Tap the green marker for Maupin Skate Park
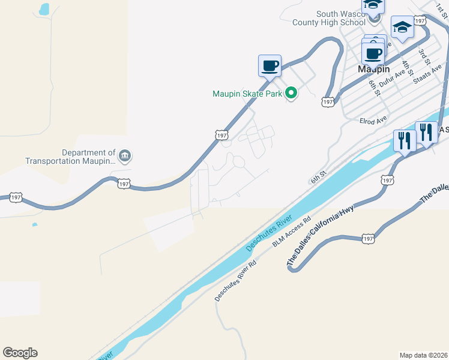pyautogui.click(x=291, y=93)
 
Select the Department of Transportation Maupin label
pyautogui.click(x=70, y=157)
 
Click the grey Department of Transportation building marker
pyautogui.click(x=125, y=157)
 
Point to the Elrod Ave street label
pyautogui.click(x=373, y=121)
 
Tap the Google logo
pyautogui.click(x=20, y=353)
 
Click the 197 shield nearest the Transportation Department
pyautogui.click(x=124, y=184)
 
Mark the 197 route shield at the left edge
pyautogui.click(x=16, y=197)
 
